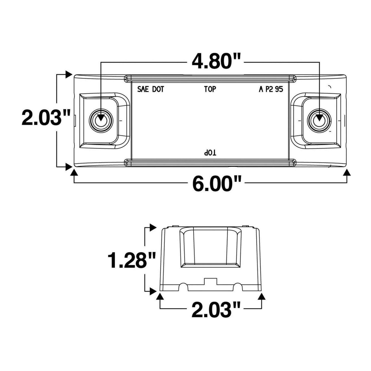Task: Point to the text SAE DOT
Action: click(151, 89)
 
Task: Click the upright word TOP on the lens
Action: click(210, 89)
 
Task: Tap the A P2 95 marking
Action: click(271, 89)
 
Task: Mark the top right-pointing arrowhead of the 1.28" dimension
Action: click(153, 227)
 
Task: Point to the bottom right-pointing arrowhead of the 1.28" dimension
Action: click(153, 291)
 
